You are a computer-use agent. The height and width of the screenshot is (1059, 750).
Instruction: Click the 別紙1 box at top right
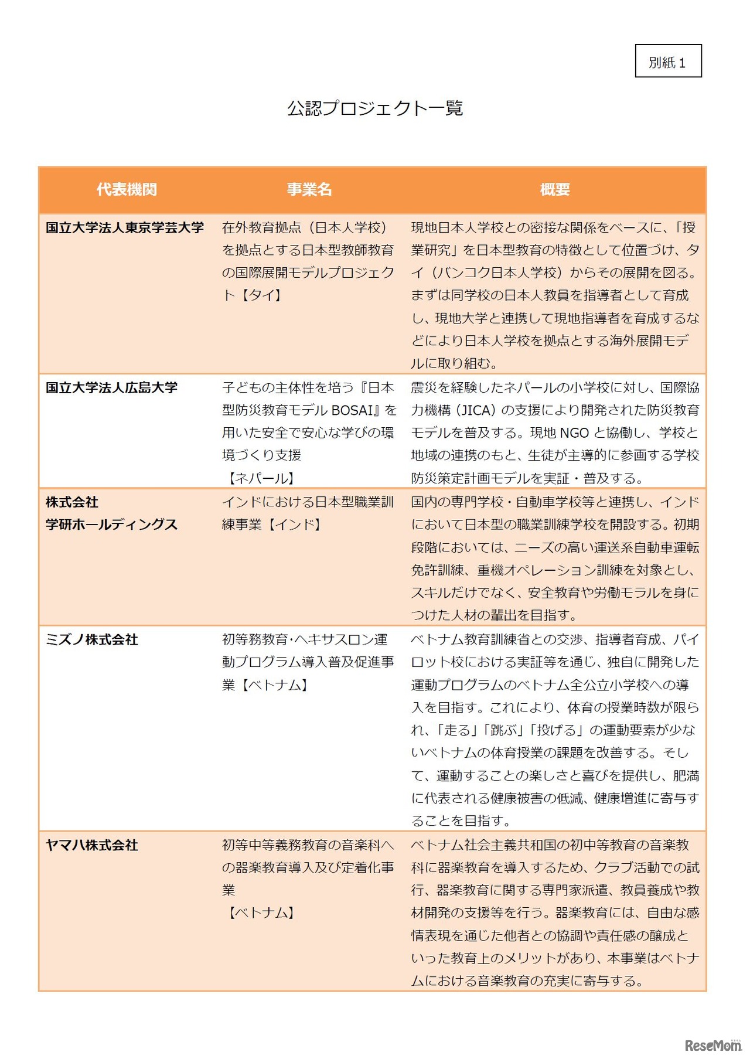(x=668, y=62)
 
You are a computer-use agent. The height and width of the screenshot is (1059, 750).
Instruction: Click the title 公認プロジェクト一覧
(x=375, y=108)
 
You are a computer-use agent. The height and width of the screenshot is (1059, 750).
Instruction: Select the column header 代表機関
(x=127, y=189)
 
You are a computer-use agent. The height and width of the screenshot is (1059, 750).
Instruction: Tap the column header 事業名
(x=309, y=189)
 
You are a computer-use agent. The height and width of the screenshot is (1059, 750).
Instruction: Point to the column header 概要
(x=554, y=189)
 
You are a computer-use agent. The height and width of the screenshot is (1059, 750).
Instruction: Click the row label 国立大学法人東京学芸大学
(x=125, y=227)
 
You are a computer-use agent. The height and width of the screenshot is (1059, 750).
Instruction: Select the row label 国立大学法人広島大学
(x=111, y=387)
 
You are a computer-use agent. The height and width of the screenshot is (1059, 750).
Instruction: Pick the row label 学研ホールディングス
(x=111, y=525)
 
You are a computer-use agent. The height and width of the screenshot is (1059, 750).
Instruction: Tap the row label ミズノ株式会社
(x=92, y=639)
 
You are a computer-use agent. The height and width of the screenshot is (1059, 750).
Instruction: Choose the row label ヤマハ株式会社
(x=92, y=845)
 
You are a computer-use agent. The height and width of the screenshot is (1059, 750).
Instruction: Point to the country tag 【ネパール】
(x=261, y=478)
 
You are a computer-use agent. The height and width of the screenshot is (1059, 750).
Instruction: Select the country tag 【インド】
(x=295, y=525)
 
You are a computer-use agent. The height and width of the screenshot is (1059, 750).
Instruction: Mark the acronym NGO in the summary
(x=574, y=433)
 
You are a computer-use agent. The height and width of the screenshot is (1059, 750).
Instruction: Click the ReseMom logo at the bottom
(x=712, y=1045)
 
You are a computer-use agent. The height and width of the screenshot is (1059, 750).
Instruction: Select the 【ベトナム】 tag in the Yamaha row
(x=261, y=912)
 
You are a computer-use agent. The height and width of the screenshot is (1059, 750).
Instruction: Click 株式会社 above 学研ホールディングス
(x=72, y=502)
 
